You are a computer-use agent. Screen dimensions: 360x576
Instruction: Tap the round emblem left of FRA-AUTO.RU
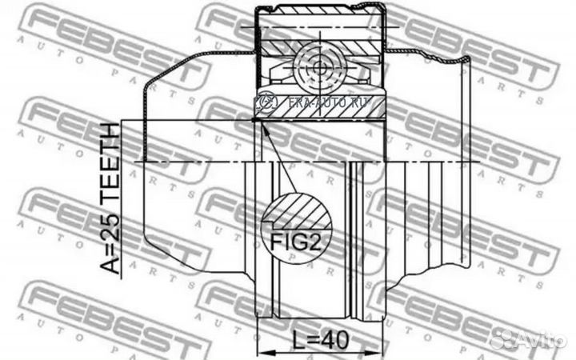[265, 102]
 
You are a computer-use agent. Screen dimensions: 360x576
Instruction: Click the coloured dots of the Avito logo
[503, 338]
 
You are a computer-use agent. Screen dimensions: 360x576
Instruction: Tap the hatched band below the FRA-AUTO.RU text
[320, 115]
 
